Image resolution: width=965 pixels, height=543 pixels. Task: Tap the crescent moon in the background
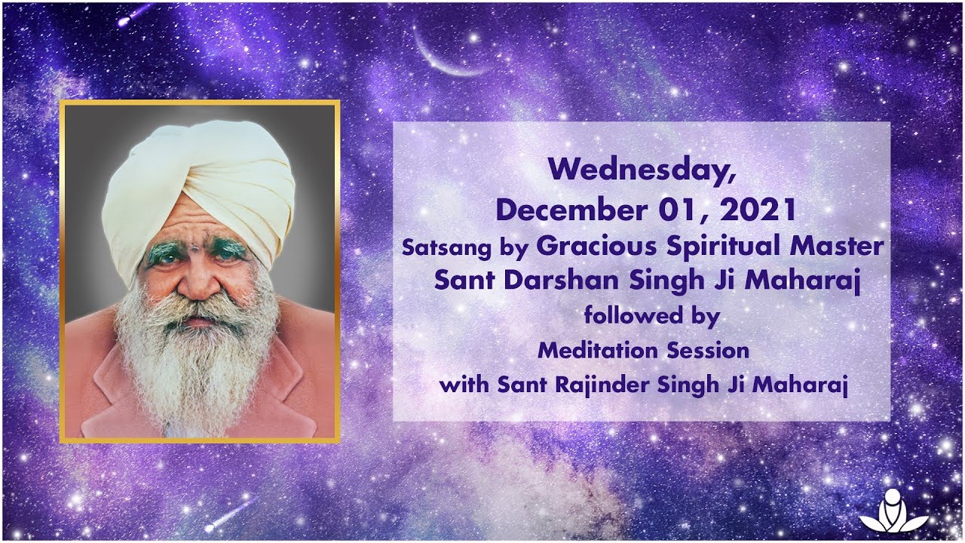[445, 60]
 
